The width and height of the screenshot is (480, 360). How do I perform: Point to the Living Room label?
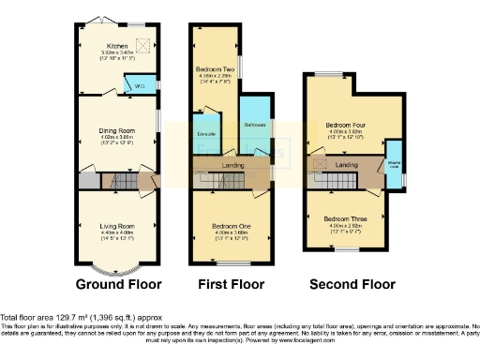(118, 226)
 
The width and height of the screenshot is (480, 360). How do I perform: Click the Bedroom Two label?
(214, 70)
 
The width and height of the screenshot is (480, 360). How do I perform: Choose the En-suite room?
(203, 134)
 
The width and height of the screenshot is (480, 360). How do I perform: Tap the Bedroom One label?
(232, 224)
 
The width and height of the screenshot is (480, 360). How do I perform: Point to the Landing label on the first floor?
(232, 166)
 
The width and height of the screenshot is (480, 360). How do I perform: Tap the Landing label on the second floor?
(347, 166)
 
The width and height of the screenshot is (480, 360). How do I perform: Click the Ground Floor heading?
(118, 284)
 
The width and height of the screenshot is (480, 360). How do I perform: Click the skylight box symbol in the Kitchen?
(143, 42)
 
